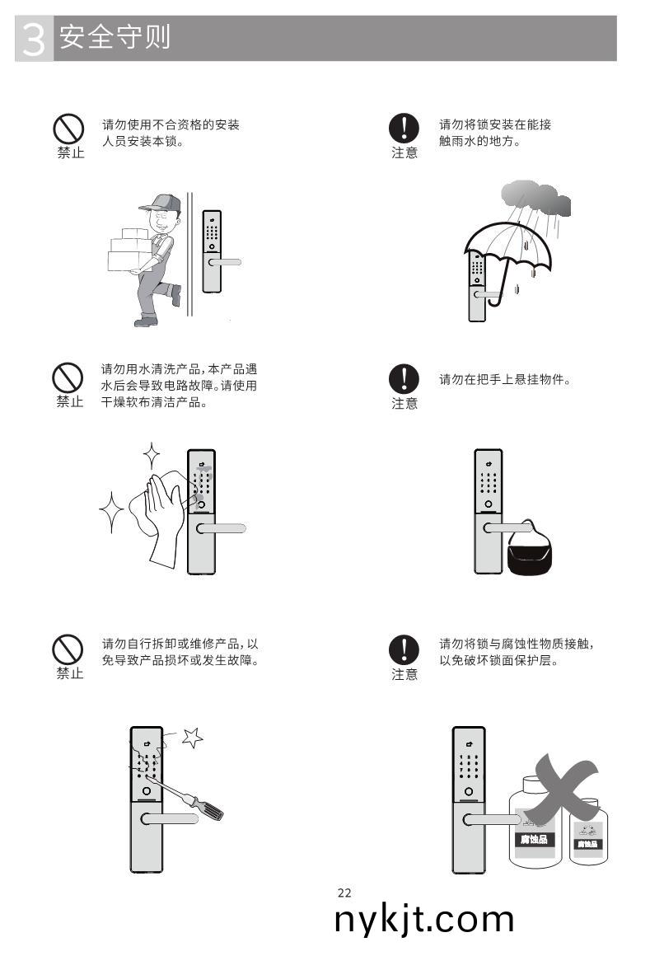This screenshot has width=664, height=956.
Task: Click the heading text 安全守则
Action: pos(115,38)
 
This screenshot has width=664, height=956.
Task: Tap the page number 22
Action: pos(344,893)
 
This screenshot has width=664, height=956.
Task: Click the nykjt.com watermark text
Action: pos(424,919)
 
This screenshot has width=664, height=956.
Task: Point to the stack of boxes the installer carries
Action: pos(130,248)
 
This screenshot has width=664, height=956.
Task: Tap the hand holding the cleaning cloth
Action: pos(162,511)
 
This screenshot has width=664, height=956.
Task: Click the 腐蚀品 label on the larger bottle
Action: pos(534,840)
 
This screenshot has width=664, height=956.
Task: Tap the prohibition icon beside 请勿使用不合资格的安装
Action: pos(69,128)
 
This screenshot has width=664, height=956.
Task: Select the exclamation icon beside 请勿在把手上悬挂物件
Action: pos(404,378)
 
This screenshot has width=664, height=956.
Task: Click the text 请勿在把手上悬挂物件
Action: pos(505,380)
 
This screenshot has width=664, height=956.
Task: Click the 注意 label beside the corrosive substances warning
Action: pos(404,674)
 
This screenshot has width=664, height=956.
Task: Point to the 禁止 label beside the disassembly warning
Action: pos(70,673)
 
